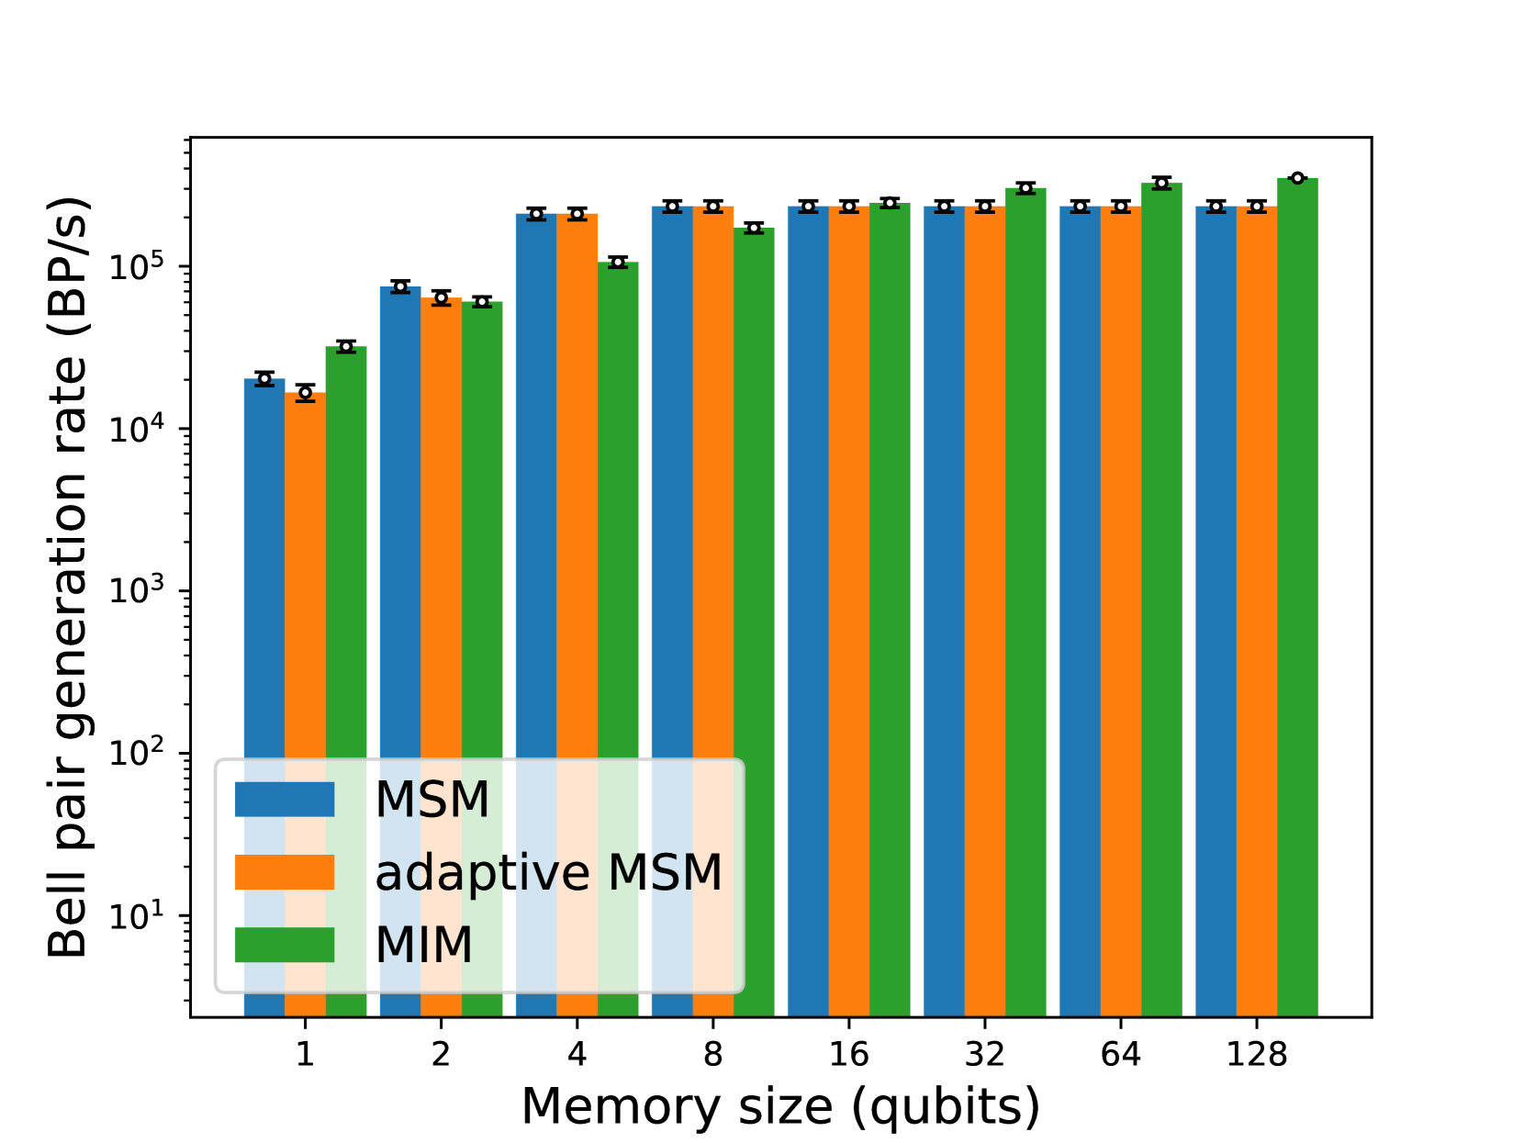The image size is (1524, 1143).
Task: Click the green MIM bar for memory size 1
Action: pyautogui.click(x=346, y=551)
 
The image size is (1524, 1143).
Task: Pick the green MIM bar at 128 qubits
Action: pyautogui.click(x=1297, y=597)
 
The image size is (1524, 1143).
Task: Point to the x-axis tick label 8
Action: pyautogui.click(x=713, y=1055)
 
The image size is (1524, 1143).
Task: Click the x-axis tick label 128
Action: pyautogui.click(x=1257, y=1055)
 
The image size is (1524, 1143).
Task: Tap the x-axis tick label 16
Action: pyautogui.click(x=849, y=1055)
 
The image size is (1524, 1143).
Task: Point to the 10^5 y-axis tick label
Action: pyautogui.click(x=136, y=267)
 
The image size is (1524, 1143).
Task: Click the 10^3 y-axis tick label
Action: pyautogui.click(x=136, y=591)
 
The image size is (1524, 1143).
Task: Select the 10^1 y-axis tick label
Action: pyautogui.click(x=136, y=916)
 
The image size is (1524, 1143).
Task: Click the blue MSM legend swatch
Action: pyautogui.click(x=285, y=799)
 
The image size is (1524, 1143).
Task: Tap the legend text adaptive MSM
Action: pyautogui.click(x=549, y=872)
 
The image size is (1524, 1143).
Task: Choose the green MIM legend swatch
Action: pyautogui.click(x=285, y=945)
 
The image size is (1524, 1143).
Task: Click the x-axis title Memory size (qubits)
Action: pyautogui.click(x=780, y=1106)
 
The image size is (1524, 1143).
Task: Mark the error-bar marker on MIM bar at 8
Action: pyautogui.click(x=754, y=228)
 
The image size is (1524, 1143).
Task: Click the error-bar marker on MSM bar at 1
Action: pyautogui.click(x=264, y=378)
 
